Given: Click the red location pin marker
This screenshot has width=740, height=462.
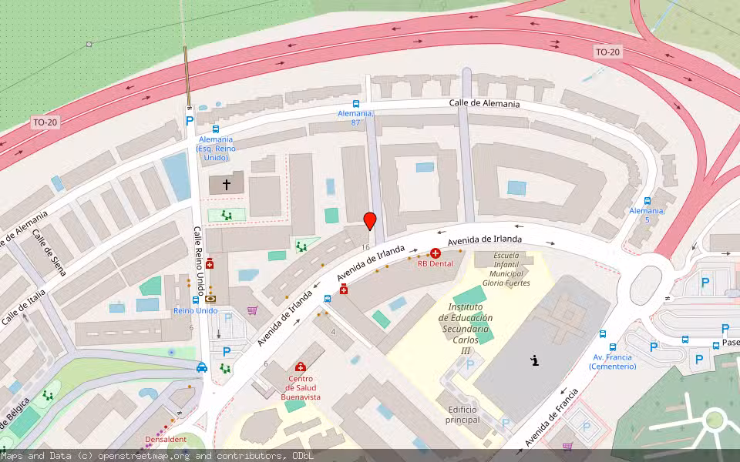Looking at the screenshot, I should [x=370, y=221].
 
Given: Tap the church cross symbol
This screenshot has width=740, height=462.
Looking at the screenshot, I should [x=227, y=185].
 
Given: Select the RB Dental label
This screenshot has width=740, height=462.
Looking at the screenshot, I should [x=436, y=263].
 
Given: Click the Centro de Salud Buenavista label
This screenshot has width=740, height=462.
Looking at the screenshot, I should [x=300, y=387].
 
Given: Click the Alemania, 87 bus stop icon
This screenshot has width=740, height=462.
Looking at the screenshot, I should [x=356, y=104].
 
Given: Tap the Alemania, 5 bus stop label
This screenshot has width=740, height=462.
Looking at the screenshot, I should [x=647, y=215].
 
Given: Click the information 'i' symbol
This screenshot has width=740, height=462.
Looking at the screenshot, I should [x=535, y=360].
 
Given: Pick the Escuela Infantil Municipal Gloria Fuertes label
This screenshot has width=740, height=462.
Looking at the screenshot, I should [x=506, y=269].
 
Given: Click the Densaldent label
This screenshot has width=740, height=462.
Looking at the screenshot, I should [x=166, y=440].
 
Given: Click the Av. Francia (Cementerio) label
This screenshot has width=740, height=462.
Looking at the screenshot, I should [x=612, y=361].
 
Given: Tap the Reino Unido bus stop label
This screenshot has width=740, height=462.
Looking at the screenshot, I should [x=196, y=310].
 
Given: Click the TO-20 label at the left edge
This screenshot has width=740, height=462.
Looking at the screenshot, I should [x=45, y=122].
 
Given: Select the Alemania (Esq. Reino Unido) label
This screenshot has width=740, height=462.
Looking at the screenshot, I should [x=215, y=148].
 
